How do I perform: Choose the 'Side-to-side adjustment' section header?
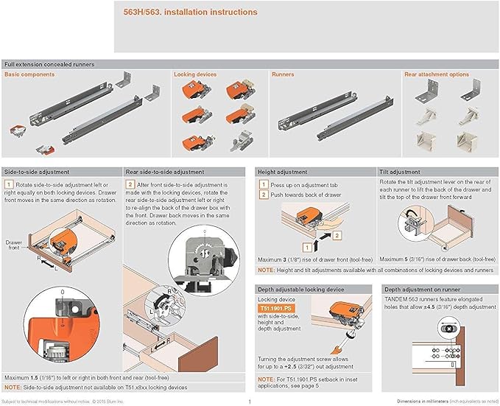[36, 171]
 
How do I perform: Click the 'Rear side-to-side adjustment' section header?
[164, 171]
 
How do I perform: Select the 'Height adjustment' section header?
[282, 171]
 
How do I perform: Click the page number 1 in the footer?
[250, 402]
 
